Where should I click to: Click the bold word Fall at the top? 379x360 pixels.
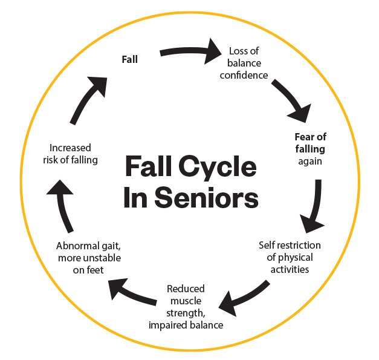[x=129, y=59]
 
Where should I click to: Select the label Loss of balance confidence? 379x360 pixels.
[x=244, y=63]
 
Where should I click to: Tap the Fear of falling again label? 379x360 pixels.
[x=310, y=149]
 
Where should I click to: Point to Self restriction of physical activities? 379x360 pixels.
[x=290, y=257]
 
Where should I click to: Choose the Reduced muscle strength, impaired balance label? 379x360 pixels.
[x=186, y=307]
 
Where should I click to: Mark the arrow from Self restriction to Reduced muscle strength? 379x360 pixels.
[x=244, y=295]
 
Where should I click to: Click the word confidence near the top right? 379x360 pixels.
[x=244, y=75]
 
